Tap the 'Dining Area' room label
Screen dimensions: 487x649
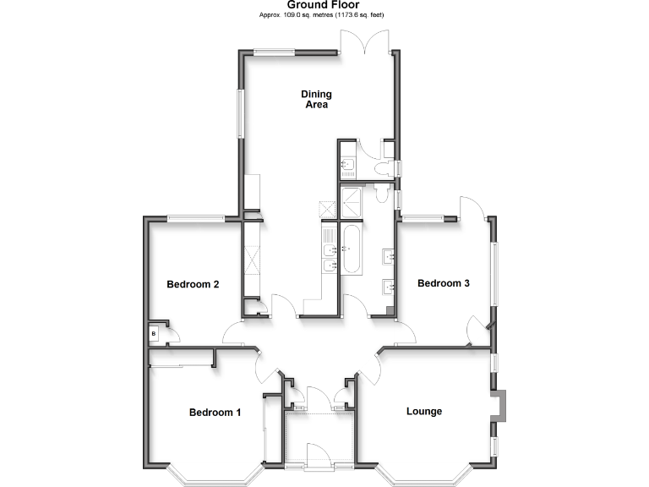[x=316, y=100]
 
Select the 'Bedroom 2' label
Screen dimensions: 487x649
[x=193, y=284]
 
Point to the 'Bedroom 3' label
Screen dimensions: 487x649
[x=444, y=283]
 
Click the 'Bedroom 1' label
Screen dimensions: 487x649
[x=215, y=413]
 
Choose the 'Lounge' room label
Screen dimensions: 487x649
[x=424, y=412]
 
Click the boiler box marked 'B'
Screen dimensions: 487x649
[x=153, y=334]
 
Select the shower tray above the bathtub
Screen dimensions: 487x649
[x=351, y=202]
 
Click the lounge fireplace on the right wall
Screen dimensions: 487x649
[x=500, y=405]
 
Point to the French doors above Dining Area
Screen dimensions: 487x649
[x=365, y=42]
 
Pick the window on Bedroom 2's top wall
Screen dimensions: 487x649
[x=195, y=219]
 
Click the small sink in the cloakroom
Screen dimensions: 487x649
[x=346, y=163]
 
